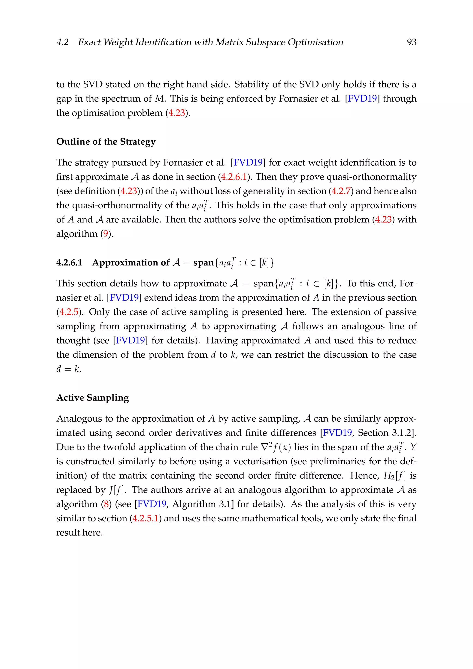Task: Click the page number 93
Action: (411, 42)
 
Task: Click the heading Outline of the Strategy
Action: (106, 142)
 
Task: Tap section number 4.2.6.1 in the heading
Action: (69, 262)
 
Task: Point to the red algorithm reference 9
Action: (106, 234)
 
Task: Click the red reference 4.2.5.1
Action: (145, 518)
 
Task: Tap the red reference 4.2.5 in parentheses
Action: (69, 312)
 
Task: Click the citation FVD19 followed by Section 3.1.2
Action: (337, 433)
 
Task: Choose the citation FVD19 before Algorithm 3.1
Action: (152, 504)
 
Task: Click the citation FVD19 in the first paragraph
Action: (362, 99)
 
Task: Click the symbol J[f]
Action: (116, 490)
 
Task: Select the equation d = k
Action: (68, 369)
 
